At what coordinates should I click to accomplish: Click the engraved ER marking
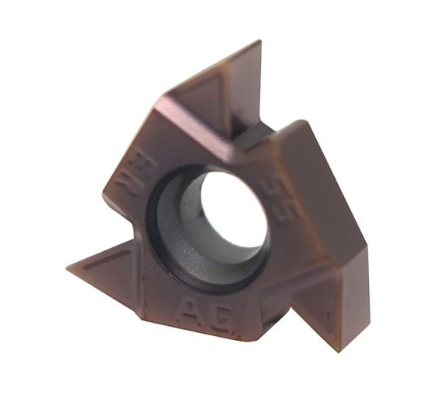126,180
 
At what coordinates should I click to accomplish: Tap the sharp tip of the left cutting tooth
70,266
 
